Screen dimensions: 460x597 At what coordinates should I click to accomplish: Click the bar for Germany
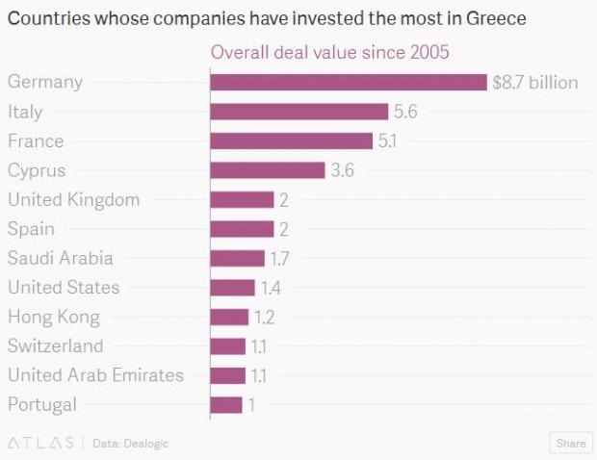pyautogui.click(x=348, y=83)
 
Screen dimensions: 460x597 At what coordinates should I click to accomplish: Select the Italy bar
pyautogui.click(x=298, y=112)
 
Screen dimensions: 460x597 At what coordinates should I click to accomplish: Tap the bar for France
pyautogui.click(x=291, y=141)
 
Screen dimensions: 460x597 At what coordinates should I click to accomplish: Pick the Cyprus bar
pyautogui.click(x=267, y=170)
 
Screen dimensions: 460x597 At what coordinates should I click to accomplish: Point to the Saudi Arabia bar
pyautogui.click(x=237, y=258)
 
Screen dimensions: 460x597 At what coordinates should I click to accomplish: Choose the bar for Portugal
pyautogui.click(x=226, y=404)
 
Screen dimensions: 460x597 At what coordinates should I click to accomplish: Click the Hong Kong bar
pyautogui.click(x=229, y=317)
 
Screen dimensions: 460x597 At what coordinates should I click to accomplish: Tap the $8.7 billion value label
pyautogui.click(x=534, y=83)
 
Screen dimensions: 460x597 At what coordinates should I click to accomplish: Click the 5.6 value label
pyautogui.click(x=405, y=113)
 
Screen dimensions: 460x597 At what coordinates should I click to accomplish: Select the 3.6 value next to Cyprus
pyautogui.click(x=342, y=171)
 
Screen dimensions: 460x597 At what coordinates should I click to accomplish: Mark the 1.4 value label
pyautogui.click(x=270, y=288)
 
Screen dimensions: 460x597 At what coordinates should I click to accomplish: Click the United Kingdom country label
pyautogui.click(x=73, y=200)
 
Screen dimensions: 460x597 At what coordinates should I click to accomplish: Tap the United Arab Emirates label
pyautogui.click(x=95, y=375)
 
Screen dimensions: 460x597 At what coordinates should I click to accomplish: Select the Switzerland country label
pyautogui.click(x=54, y=345)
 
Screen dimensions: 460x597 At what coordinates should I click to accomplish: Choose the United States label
pyautogui.click(x=64, y=287)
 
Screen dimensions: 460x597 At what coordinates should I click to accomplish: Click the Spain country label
pyautogui.click(x=31, y=229)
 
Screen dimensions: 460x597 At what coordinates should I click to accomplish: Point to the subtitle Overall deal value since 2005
pyautogui.click(x=329, y=52)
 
